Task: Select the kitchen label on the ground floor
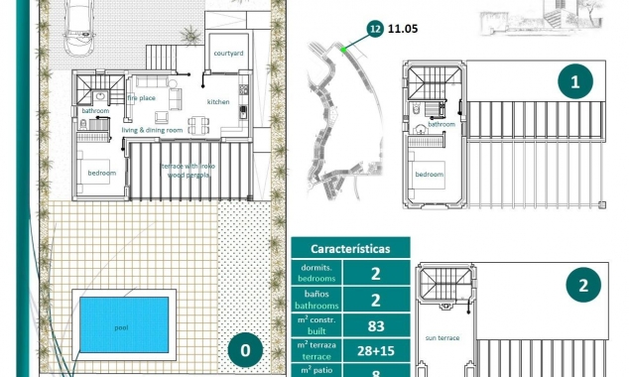(218, 102)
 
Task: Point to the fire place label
(140, 98)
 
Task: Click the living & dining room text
(153, 130)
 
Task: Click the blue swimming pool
(123, 321)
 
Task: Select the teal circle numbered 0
(245, 350)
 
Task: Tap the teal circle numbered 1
(576, 83)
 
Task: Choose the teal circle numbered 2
(583, 287)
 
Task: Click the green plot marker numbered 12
(374, 29)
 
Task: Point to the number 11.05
(404, 29)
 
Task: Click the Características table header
(350, 248)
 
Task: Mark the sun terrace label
(441, 337)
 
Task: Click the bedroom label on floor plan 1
(430, 175)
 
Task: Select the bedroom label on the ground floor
(101, 173)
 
